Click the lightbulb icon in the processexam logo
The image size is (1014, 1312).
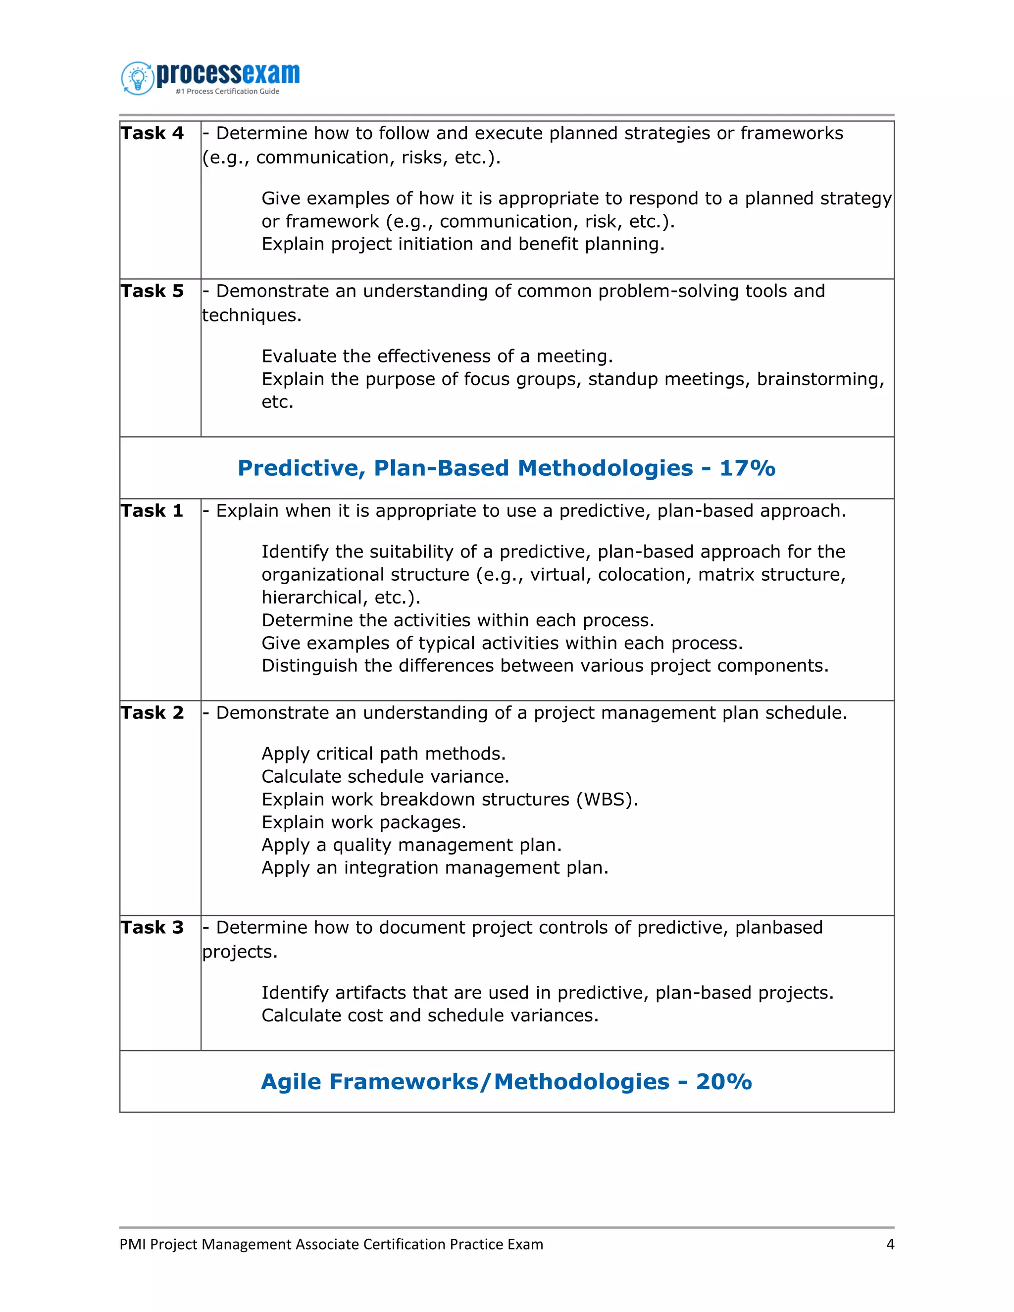coord(138,78)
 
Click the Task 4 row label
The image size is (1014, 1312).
coord(152,133)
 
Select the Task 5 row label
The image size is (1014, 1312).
coord(152,291)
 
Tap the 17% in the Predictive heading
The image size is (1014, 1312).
coord(747,468)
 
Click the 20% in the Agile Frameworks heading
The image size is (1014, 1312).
coord(723,1082)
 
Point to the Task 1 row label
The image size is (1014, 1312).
coord(152,511)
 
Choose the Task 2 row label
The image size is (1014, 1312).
coord(152,713)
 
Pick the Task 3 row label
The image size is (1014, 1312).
coord(152,927)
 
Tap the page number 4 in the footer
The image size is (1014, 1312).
coord(890,1244)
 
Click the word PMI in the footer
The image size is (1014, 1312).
coord(133,1244)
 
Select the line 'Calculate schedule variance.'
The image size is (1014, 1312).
coord(385,777)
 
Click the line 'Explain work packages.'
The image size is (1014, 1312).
coord(363,822)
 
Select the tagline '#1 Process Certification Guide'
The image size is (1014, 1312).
coord(227,91)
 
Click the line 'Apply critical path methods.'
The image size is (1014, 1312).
coord(383,754)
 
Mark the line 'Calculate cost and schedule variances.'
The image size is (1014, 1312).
coord(429,1015)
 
